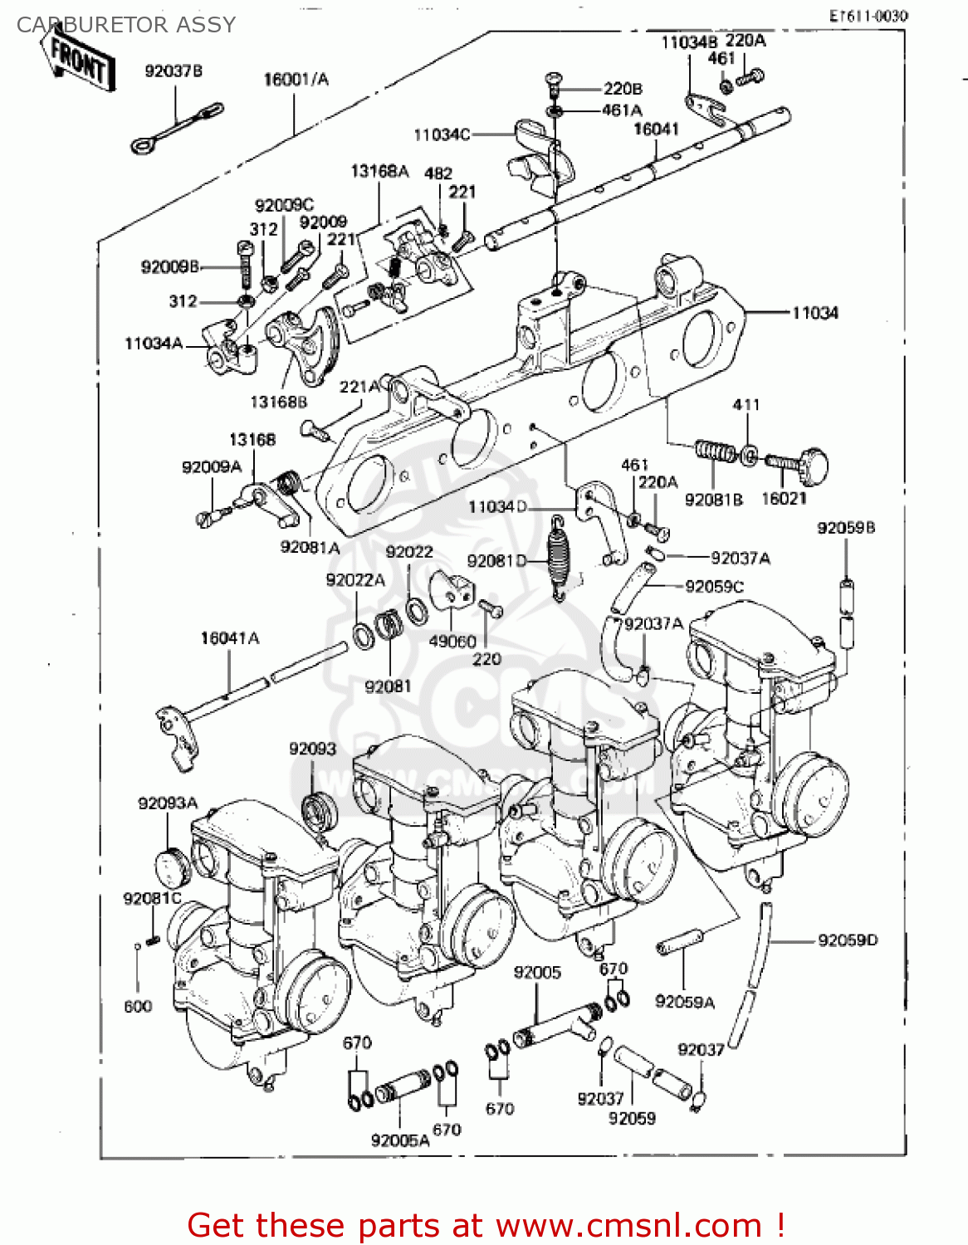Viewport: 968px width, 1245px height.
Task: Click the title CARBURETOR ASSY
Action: click(126, 25)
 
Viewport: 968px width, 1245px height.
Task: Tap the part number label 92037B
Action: click(174, 71)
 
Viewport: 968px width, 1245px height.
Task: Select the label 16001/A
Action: click(296, 80)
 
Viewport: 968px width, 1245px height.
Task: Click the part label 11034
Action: click(814, 313)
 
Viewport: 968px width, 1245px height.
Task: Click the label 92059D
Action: click(848, 940)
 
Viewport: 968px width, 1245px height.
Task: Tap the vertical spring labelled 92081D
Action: click(560, 555)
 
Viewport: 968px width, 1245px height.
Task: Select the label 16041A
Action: click(229, 638)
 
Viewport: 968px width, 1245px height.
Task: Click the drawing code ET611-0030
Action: click(868, 16)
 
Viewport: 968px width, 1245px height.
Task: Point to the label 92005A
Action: click(400, 1140)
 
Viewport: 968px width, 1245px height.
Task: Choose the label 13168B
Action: click(279, 402)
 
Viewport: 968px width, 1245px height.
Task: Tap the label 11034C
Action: click(442, 134)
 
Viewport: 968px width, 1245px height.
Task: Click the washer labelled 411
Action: click(748, 455)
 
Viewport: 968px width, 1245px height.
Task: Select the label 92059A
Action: click(684, 1002)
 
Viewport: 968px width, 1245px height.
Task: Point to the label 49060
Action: click(452, 641)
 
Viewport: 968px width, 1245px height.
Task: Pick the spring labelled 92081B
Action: click(714, 452)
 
